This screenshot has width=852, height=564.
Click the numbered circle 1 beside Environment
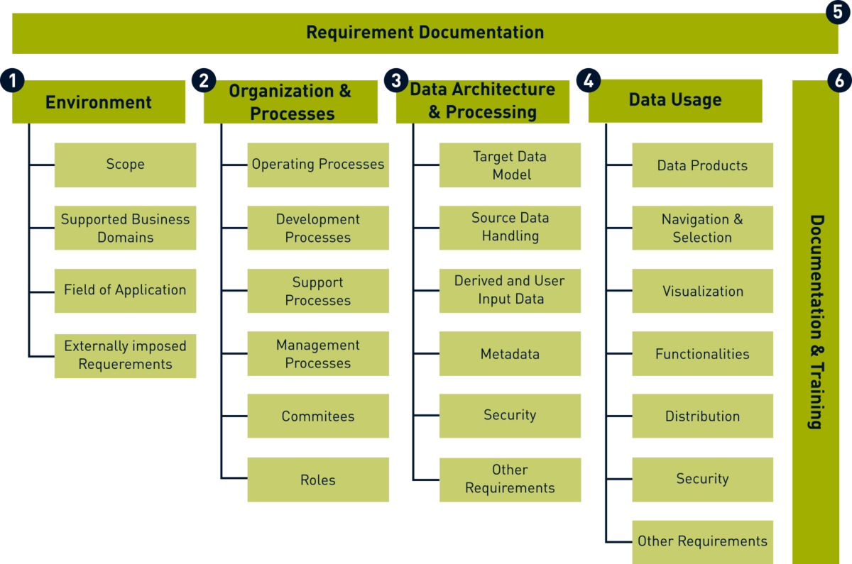coord(13,81)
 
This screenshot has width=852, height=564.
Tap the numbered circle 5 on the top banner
coord(838,12)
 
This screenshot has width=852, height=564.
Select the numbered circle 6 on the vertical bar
coord(839,80)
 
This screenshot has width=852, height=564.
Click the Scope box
coord(125,165)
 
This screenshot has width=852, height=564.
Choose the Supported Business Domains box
coord(125,228)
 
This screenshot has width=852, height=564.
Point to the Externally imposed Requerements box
coord(125,356)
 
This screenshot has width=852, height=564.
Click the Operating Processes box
coord(318,165)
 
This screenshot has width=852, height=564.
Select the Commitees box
coord(318,416)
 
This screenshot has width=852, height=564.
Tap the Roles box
coord(318,480)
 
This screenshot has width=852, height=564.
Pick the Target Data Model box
coord(510,165)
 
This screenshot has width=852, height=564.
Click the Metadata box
coord(510,354)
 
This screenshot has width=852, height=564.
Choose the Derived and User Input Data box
coord(510,291)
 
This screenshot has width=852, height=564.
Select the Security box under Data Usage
coord(702,480)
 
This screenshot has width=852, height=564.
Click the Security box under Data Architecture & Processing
coord(510,416)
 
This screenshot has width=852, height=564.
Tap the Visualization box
coord(702,291)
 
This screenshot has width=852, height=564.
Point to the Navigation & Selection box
coord(702,228)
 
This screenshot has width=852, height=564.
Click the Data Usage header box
coord(675,101)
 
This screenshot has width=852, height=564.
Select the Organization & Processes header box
coord(290,102)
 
